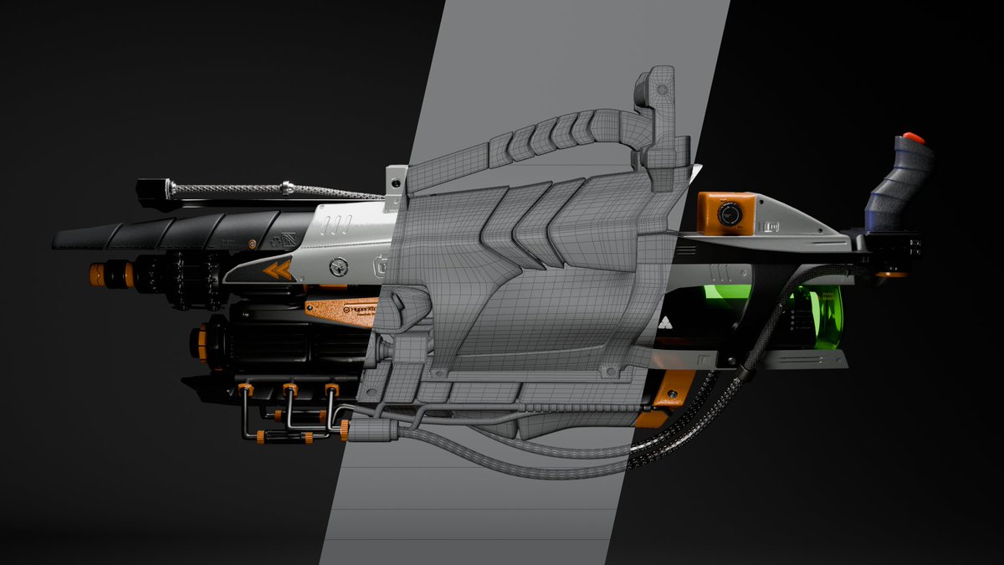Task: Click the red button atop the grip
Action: pyautogui.click(x=912, y=136)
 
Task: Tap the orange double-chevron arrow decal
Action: pyautogui.click(x=277, y=270)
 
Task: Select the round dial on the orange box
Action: pyautogui.click(x=727, y=214)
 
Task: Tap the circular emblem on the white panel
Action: pyautogui.click(x=338, y=267)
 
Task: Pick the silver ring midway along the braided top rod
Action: pyautogui.click(x=286, y=186)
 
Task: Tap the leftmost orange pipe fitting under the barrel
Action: pyautogui.click(x=245, y=390)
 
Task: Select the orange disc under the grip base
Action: pyautogui.click(x=892, y=274)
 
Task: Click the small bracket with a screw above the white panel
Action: pyautogui.click(x=393, y=180)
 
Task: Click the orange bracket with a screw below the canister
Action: pyautogui.click(x=674, y=389)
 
